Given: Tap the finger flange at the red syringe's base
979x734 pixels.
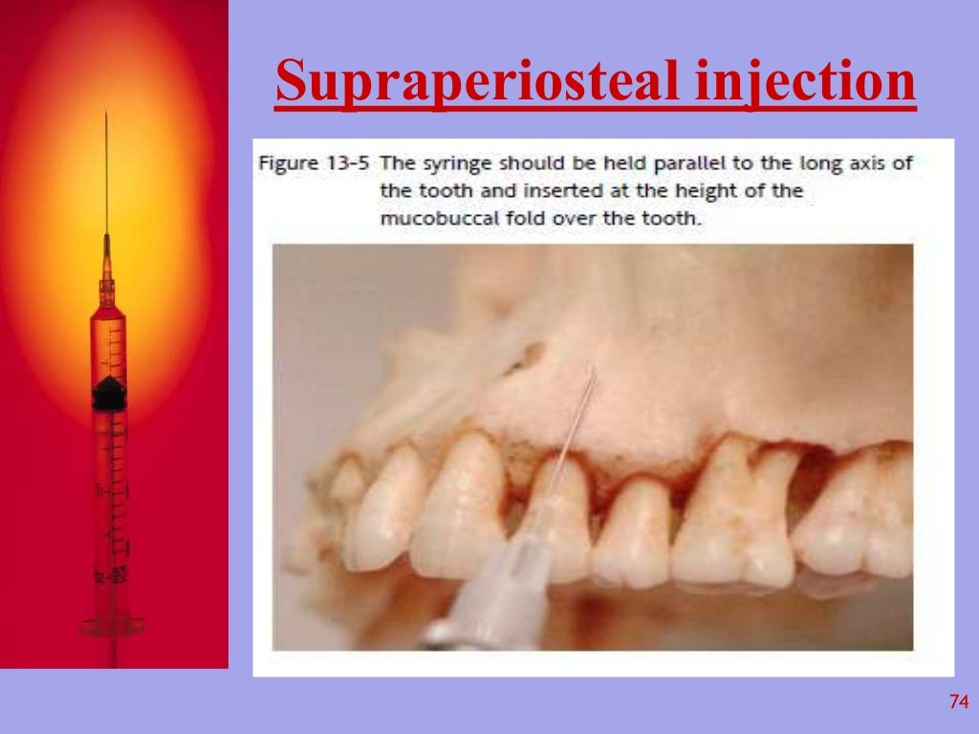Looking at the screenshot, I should pos(112,626).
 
